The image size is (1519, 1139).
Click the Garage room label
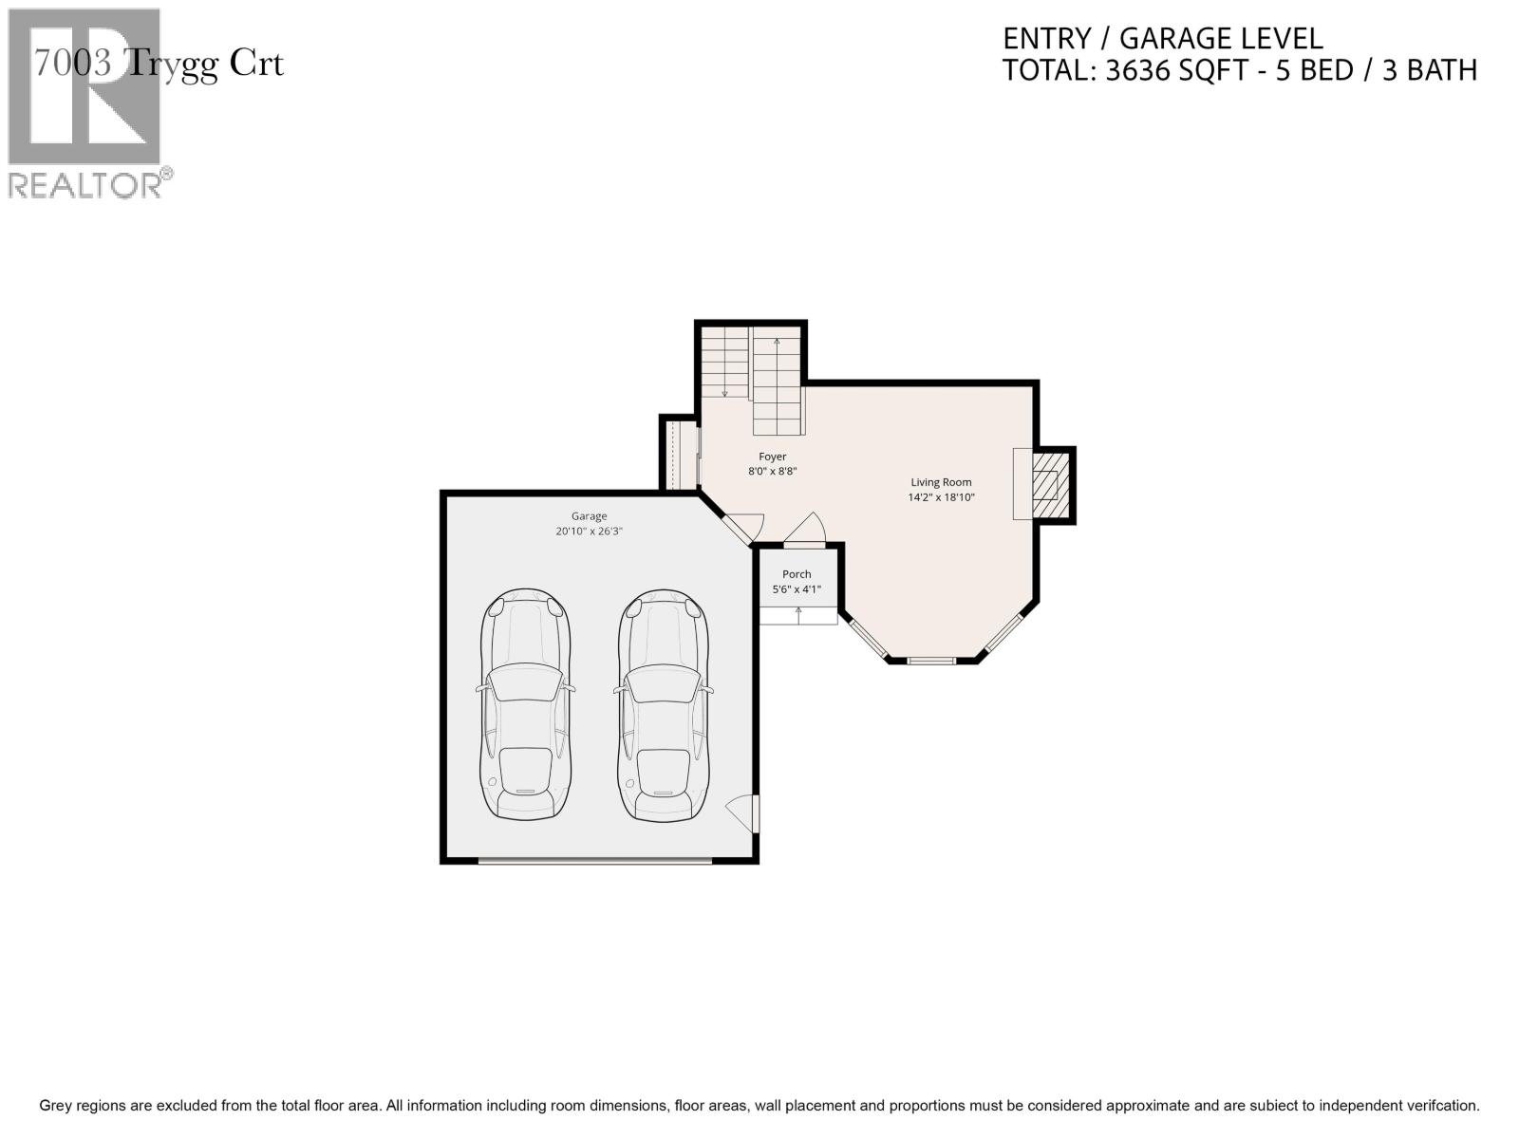tap(589, 516)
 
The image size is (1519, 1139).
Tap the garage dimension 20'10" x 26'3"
tap(589, 532)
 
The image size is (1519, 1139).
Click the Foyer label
tap(772, 457)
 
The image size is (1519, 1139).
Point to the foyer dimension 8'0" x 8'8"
tap(772, 471)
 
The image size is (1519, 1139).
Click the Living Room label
tap(941, 482)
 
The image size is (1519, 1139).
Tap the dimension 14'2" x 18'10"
tap(941, 497)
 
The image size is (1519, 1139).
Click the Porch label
tap(797, 574)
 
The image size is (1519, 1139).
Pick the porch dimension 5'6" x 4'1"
tap(797, 589)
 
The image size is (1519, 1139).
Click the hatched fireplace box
tap(1045, 484)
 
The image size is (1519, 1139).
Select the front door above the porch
tap(805, 532)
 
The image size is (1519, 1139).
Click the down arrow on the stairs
tap(724, 391)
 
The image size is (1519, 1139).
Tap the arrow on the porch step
tap(797, 613)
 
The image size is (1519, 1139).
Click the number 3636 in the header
tap(1139, 70)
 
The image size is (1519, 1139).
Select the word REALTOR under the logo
tap(85, 185)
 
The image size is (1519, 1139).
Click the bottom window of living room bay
tap(931, 660)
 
